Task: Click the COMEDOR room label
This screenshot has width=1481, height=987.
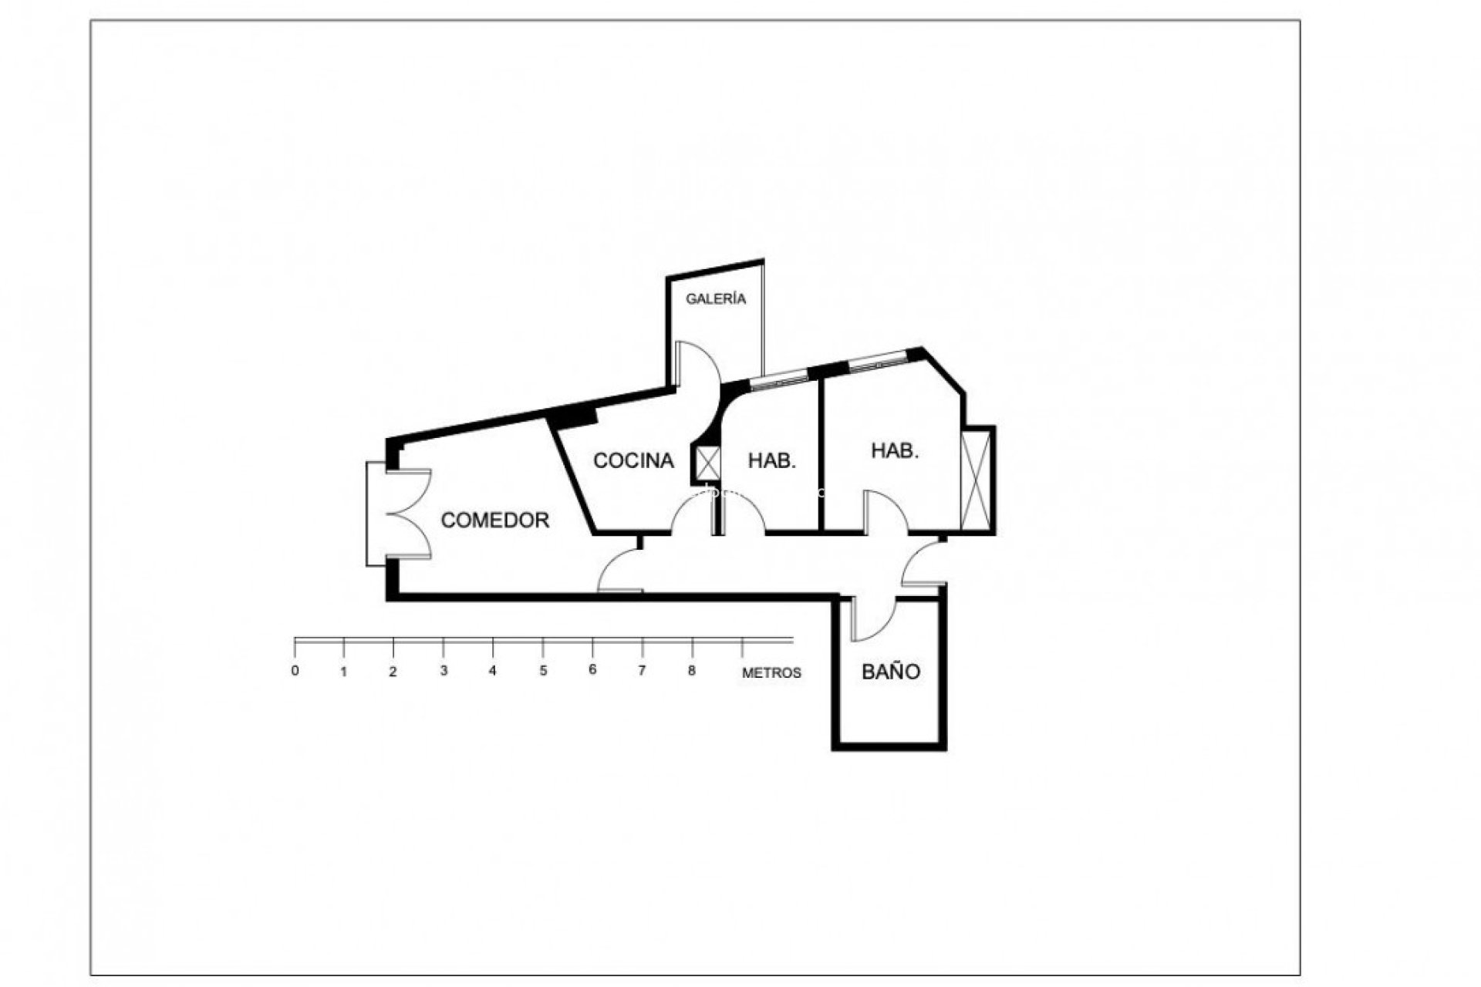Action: (x=495, y=520)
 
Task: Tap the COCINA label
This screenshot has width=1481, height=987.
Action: (x=633, y=461)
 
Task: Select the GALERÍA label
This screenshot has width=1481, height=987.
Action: (x=717, y=299)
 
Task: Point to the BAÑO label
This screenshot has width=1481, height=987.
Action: (x=891, y=672)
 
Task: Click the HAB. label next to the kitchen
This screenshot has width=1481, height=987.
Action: (x=772, y=461)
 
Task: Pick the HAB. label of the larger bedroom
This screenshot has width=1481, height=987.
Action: (x=895, y=451)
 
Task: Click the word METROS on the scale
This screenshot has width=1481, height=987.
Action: (x=771, y=673)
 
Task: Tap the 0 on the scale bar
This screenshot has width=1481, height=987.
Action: (x=295, y=671)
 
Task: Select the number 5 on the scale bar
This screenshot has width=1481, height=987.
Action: (x=543, y=671)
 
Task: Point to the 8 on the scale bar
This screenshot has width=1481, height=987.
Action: (x=692, y=671)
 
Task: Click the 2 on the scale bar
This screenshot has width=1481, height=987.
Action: (x=393, y=672)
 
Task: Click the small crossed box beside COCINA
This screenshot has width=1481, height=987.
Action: (x=708, y=463)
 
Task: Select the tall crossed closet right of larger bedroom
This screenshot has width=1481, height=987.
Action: (x=976, y=479)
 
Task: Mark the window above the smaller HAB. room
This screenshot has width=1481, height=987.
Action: (x=779, y=379)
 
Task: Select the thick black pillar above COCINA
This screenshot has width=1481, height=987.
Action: (x=575, y=416)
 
